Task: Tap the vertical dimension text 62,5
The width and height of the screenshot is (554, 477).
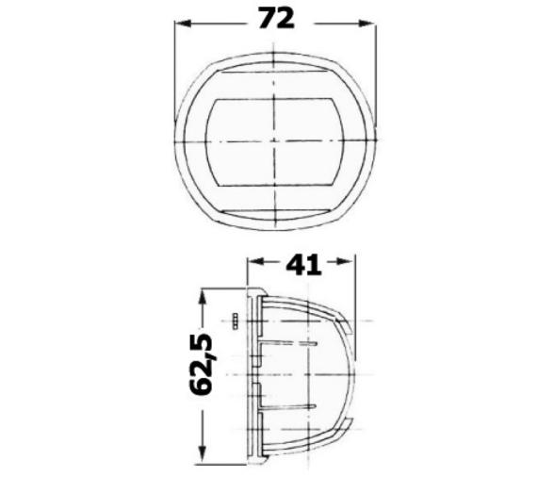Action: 209,364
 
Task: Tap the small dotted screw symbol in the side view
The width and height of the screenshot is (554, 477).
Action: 235,321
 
